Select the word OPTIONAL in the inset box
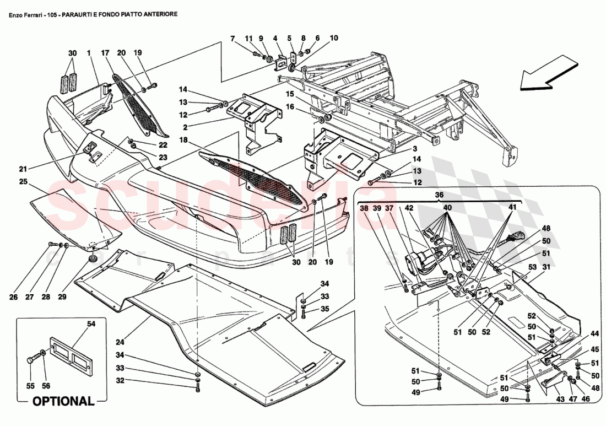pyautogui.click(x=63, y=401)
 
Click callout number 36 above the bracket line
pyautogui.click(x=439, y=195)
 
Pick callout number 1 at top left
pyautogui.click(x=88, y=53)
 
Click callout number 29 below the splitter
pyautogui.click(x=62, y=297)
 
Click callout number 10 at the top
pyautogui.click(x=334, y=38)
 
